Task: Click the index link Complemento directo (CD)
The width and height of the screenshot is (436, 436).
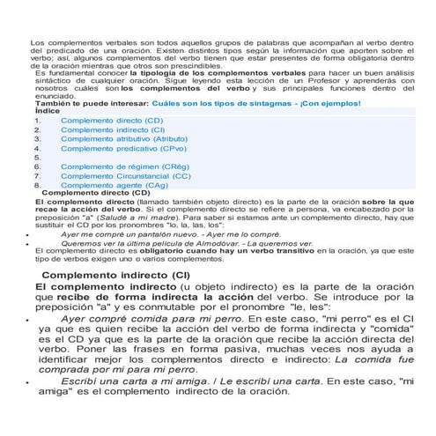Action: tap(111, 120)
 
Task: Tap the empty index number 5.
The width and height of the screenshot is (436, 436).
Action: tap(37, 158)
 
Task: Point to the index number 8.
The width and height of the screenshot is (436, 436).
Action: tap(37, 186)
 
